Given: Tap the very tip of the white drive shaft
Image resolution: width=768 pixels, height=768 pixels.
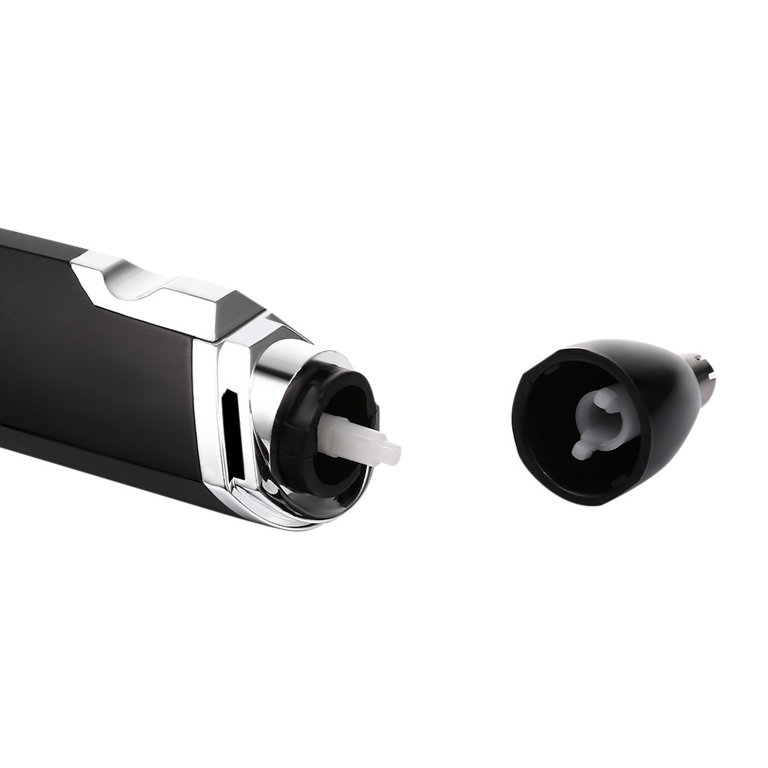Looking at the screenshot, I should click(x=396, y=454).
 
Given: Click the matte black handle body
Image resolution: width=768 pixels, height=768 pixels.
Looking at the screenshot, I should click(x=92, y=346).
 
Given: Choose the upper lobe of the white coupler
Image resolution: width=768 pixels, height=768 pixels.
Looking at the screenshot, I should click(x=606, y=398).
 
